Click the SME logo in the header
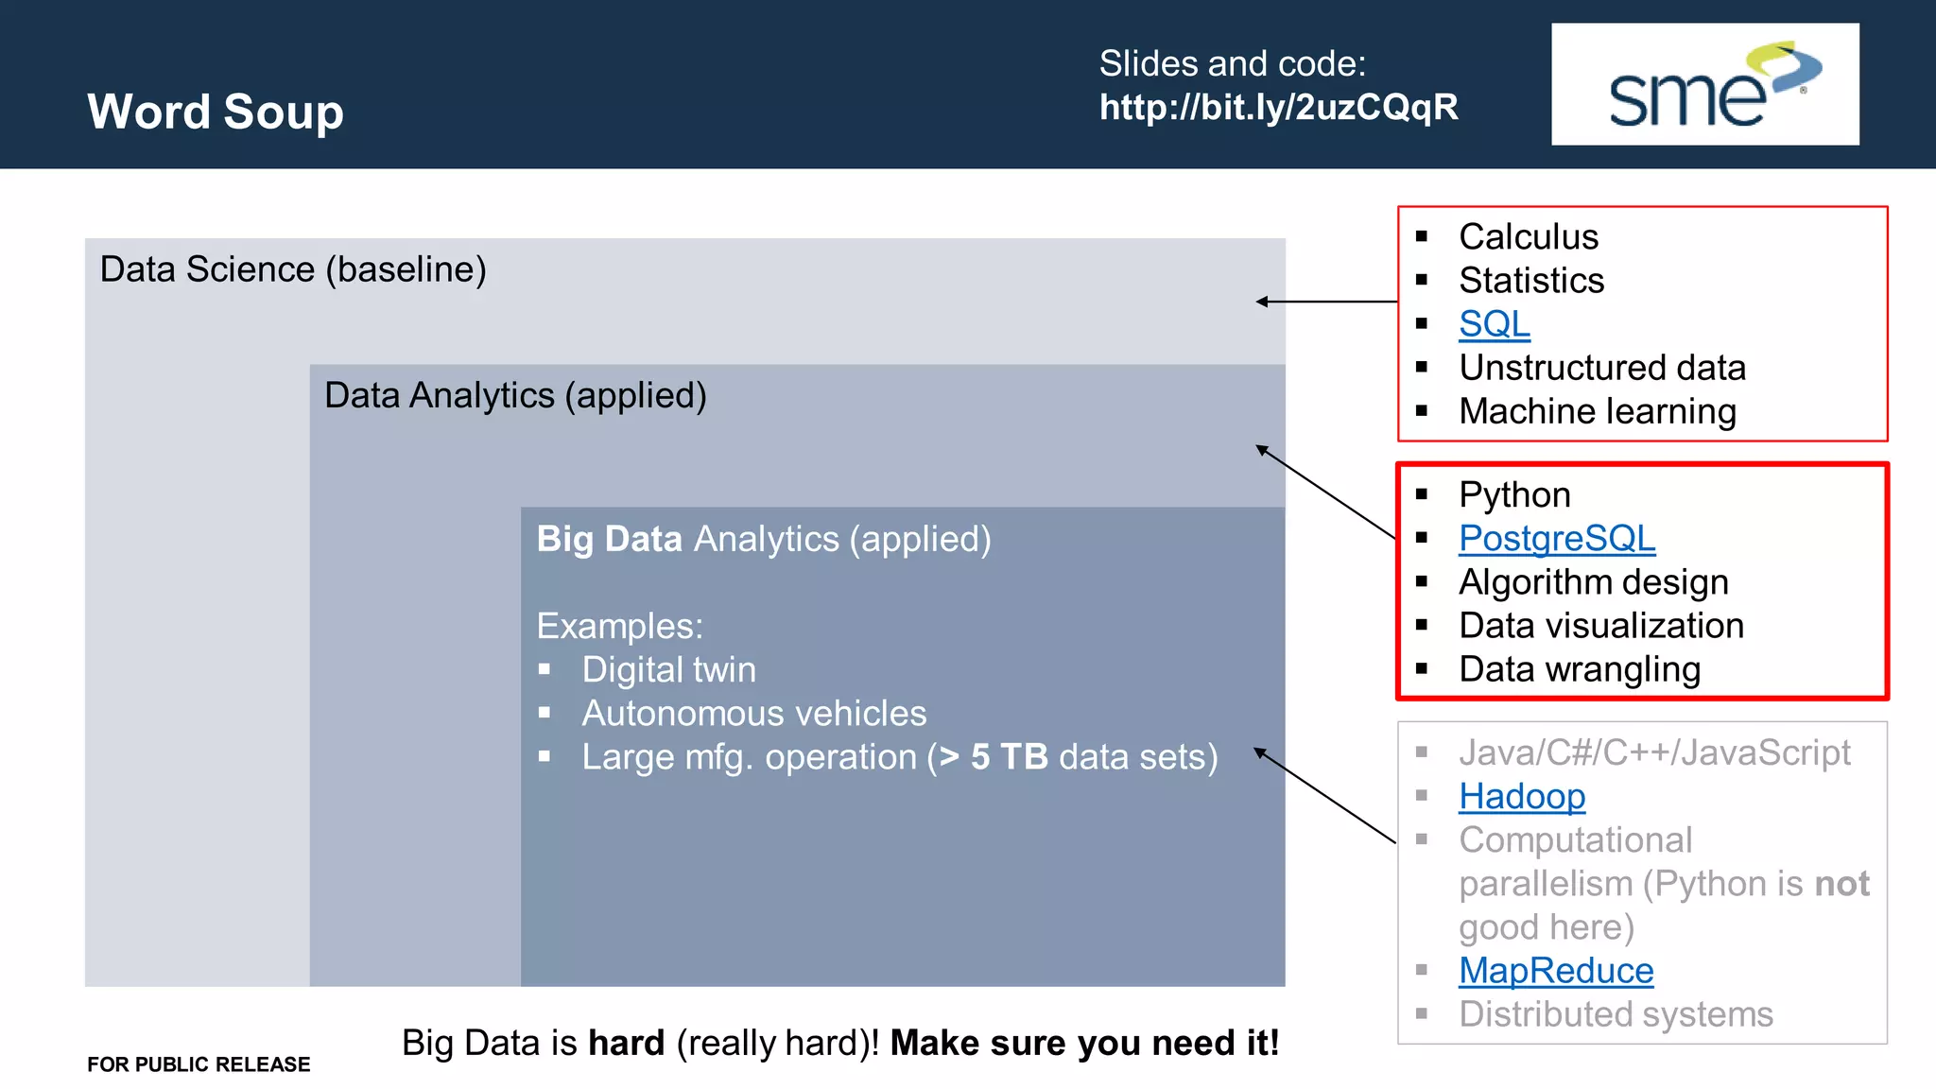(1704, 84)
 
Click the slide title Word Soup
(216, 112)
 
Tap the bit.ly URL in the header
(1278, 107)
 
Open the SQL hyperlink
(1494, 324)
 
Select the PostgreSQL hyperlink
(1556, 538)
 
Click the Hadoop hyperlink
(1521, 796)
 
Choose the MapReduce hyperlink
(1555, 970)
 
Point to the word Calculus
(1528, 236)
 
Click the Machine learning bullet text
(1597, 411)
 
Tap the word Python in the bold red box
(1513, 494)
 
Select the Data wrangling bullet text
(1579, 669)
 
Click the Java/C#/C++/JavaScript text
(1653, 752)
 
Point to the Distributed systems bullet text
(1615, 1014)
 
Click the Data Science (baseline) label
(293, 269)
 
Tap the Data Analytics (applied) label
(515, 395)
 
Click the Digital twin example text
(668, 669)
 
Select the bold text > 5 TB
(994, 757)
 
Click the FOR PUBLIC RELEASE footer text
(199, 1064)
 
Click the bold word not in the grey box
(1841, 884)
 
